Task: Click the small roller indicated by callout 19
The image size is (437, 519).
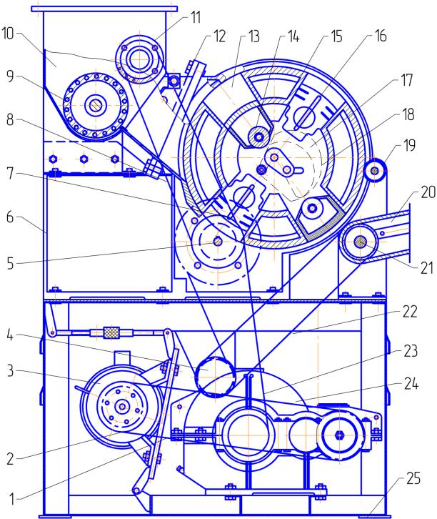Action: (374, 172)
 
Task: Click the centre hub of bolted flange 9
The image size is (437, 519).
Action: (94, 106)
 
